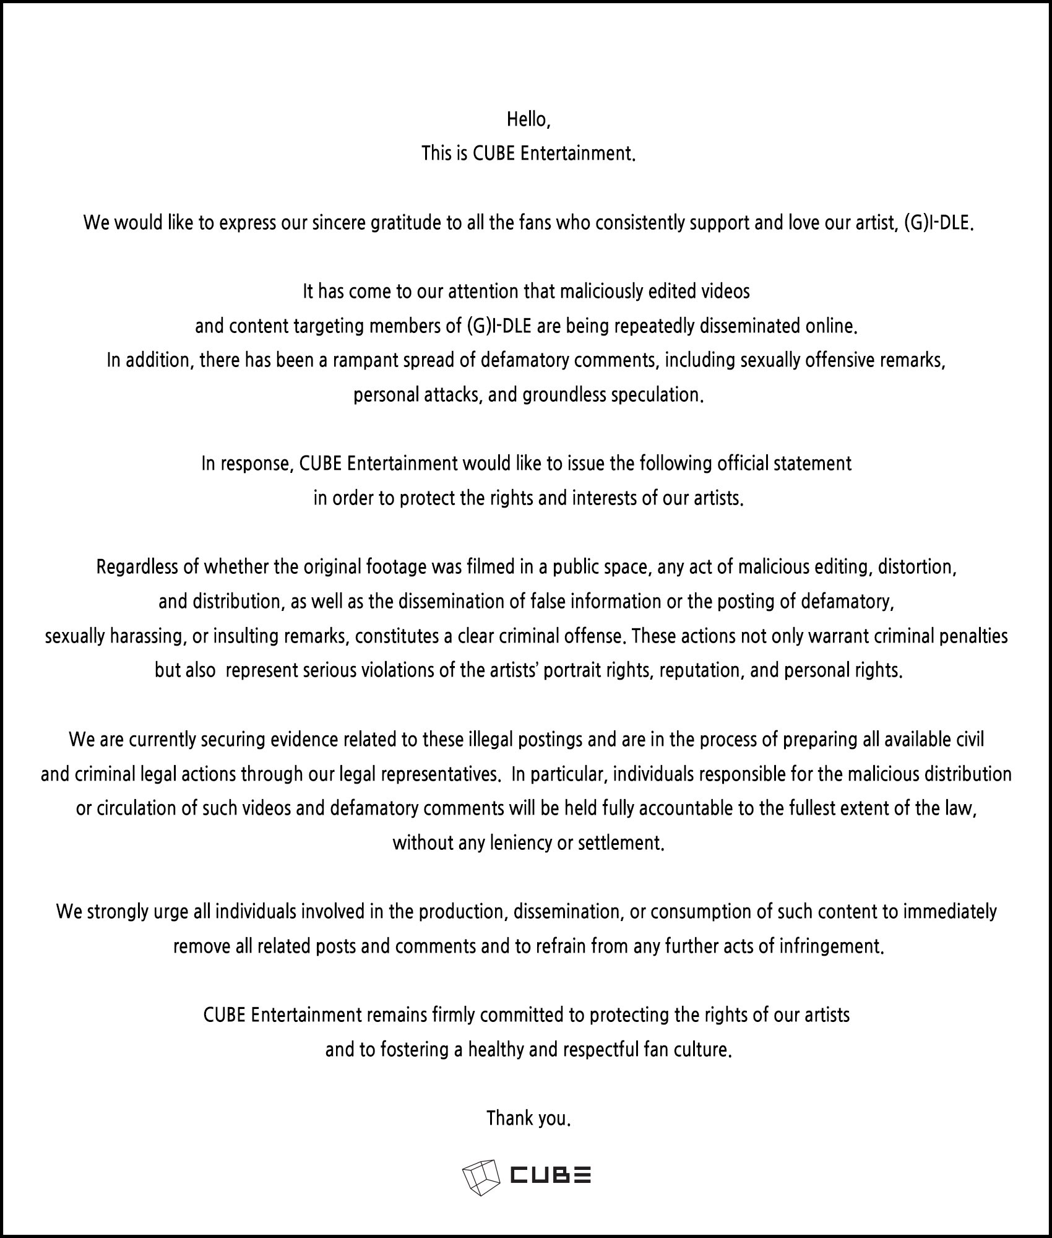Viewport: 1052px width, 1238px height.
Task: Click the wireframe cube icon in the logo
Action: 480,1177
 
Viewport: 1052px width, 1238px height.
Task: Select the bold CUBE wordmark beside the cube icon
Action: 550,1175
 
